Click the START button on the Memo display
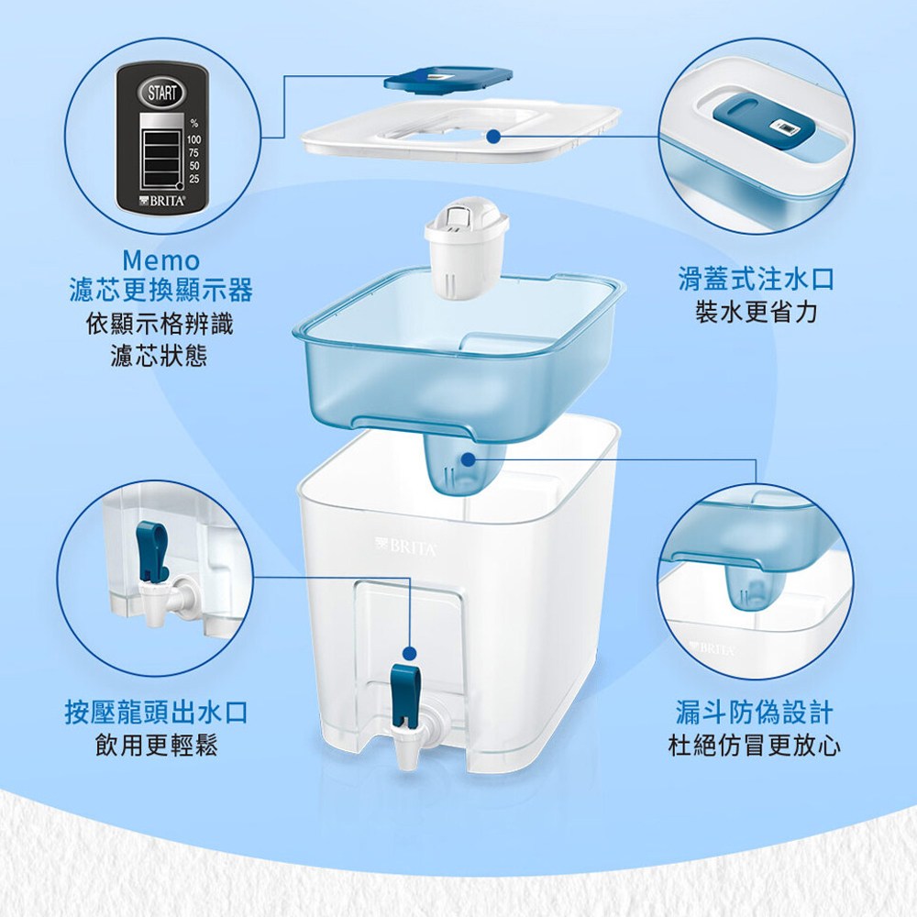(x=161, y=93)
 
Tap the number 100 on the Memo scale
(x=193, y=139)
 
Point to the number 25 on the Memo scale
(x=194, y=179)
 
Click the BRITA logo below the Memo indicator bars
(x=162, y=201)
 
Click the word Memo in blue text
(x=161, y=260)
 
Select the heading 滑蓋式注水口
(x=756, y=279)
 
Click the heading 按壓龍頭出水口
(x=156, y=713)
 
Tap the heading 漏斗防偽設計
(x=754, y=713)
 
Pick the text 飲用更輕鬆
(x=157, y=746)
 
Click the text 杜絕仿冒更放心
(x=755, y=746)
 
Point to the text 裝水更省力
(x=756, y=313)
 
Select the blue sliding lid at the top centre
(x=448, y=80)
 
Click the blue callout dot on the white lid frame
(x=494, y=137)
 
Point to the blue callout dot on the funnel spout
(x=468, y=460)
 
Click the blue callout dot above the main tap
(x=410, y=653)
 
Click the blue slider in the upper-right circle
(x=762, y=125)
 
